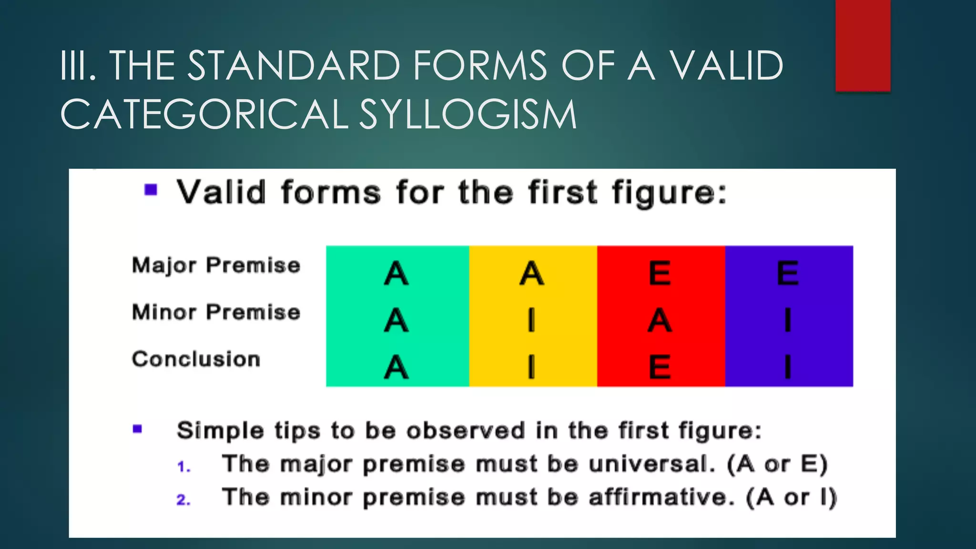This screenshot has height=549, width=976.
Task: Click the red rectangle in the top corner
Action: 863,45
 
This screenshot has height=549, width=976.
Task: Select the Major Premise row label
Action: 216,265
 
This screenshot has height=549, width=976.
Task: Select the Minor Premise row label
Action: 216,312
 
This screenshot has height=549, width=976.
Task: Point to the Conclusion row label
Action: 196,359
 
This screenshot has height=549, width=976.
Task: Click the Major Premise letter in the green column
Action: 396,274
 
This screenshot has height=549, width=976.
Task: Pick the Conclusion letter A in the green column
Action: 396,367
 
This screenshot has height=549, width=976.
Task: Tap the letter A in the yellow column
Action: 531,274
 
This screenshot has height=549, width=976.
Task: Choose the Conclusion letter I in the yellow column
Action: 531,367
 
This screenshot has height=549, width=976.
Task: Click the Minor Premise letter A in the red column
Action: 660,320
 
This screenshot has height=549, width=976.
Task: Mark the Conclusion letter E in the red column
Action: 660,367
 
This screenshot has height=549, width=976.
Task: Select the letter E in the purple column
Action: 787,274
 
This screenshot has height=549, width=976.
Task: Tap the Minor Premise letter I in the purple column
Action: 787,320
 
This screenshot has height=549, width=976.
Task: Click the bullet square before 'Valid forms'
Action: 151,190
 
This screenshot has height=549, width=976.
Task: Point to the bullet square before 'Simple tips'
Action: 138,429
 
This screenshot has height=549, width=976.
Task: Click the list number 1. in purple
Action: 183,467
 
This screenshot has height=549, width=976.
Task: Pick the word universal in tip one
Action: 651,464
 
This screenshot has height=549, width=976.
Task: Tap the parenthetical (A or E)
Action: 778,464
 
